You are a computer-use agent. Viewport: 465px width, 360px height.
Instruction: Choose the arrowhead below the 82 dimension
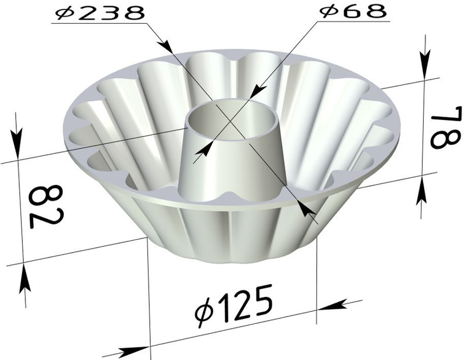[x=24, y=281]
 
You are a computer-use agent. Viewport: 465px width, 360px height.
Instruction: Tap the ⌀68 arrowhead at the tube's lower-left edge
[x=201, y=151]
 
